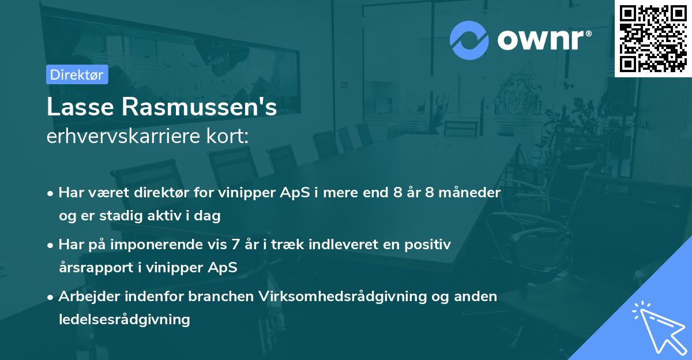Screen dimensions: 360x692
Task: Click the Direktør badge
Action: pyautogui.click(x=77, y=74)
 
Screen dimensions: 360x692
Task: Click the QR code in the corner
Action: pyautogui.click(x=653, y=39)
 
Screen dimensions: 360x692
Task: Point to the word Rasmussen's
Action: pyautogui.click(x=197, y=107)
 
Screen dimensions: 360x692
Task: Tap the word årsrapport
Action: pyautogui.click(x=91, y=268)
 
